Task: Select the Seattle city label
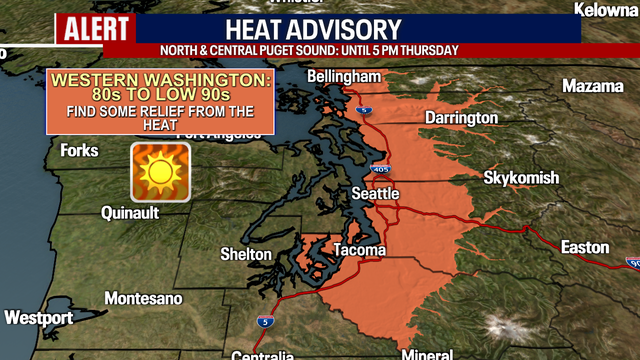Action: [375, 193]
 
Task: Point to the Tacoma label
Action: [354, 249]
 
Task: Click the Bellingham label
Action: [344, 77]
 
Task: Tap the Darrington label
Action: [460, 118]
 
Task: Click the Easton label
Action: [585, 247]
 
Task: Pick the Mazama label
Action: [594, 86]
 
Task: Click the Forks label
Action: [79, 151]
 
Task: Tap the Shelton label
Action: [245, 255]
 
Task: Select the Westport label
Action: [38, 318]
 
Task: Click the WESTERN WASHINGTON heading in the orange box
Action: [159, 79]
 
